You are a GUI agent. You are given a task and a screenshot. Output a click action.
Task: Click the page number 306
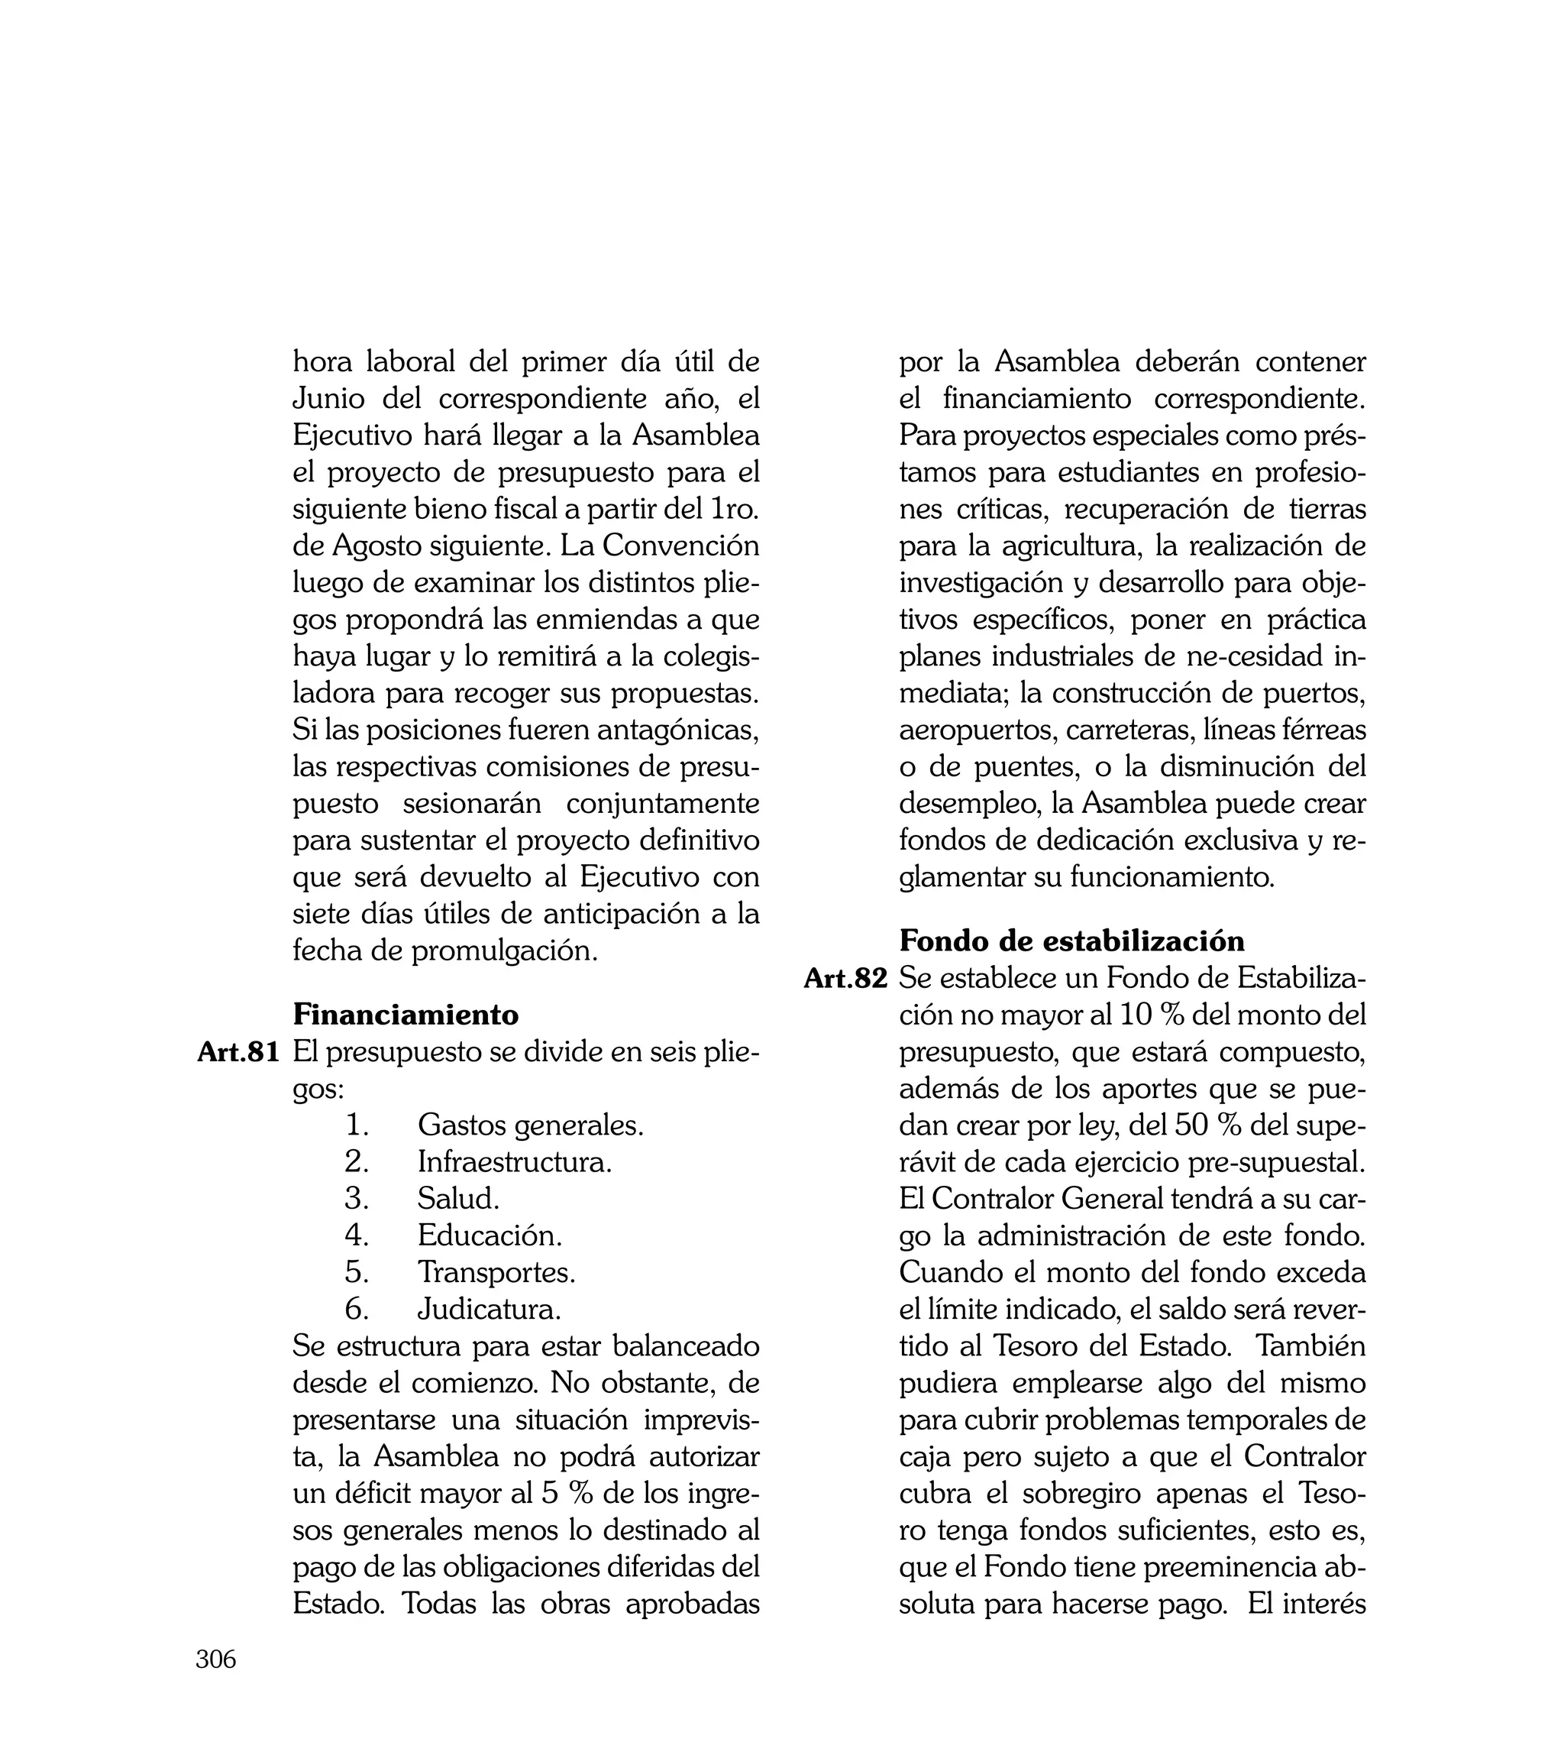[215, 1660]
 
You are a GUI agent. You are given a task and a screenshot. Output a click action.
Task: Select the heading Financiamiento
[406, 1015]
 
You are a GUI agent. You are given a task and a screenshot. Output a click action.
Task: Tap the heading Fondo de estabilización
[1071, 941]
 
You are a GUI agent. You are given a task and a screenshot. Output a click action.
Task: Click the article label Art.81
[239, 1052]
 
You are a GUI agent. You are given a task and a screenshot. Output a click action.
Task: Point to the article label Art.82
[845, 978]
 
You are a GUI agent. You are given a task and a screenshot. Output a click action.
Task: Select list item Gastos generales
[530, 1125]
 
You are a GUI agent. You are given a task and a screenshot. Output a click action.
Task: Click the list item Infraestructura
[515, 1162]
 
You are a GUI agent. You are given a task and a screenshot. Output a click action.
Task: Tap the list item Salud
[458, 1198]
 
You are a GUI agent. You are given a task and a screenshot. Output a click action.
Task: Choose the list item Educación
[490, 1235]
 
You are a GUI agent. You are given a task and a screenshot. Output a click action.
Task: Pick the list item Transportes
[496, 1272]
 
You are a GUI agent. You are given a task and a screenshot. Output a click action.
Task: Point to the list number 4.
[356, 1235]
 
